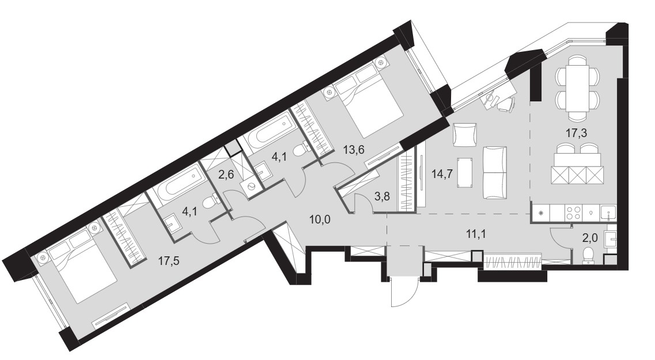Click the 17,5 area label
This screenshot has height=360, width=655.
pos(168,261)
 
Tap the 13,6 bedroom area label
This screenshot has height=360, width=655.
pos(353,149)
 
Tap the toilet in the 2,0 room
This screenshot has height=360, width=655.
pos(588,255)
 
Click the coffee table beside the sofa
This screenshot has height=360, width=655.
pos(466,172)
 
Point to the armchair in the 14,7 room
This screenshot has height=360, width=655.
pos(464,135)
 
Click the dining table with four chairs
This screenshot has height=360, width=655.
pos(578,88)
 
